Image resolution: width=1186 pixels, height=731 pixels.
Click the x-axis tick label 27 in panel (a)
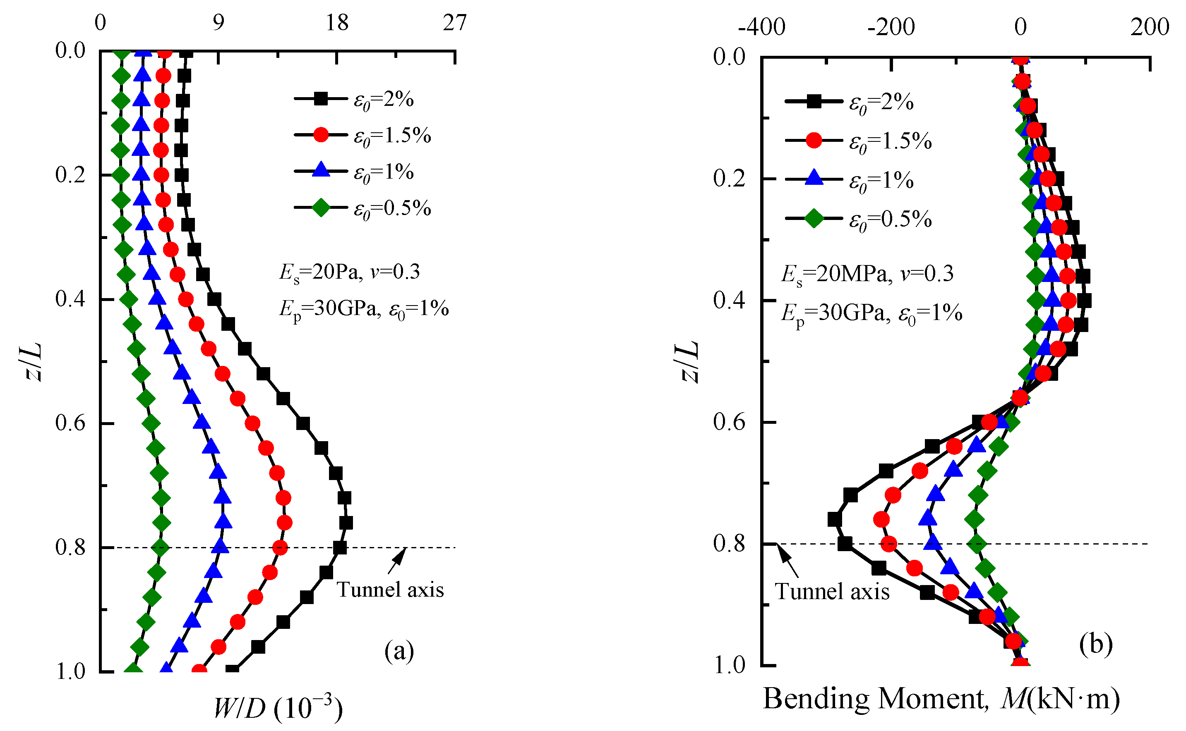coord(454,23)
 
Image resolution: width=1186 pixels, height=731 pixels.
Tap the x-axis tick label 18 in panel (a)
coord(337,23)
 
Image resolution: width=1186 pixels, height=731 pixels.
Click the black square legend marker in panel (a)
coord(320,99)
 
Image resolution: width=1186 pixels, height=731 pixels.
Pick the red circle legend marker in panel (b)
coord(814,141)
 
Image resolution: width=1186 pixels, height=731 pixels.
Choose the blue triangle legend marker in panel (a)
coord(320,171)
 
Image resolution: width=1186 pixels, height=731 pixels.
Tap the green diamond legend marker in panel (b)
coord(814,219)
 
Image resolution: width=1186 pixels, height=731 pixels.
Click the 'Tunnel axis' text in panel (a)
coord(390,590)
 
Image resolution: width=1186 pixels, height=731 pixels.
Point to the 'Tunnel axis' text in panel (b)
coord(832,591)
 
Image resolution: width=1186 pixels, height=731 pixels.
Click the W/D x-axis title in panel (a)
coord(278,708)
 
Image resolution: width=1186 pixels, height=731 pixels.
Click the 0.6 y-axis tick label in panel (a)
coord(70,423)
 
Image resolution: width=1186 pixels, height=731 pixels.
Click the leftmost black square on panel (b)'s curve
coord(834,520)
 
